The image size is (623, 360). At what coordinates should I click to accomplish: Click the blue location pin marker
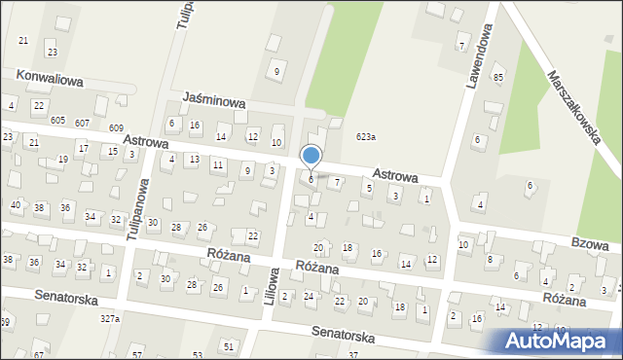point(311,157)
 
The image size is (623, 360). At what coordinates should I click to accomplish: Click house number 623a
point(366,137)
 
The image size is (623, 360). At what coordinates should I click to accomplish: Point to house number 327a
point(110,318)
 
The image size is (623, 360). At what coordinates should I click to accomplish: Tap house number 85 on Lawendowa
point(498,77)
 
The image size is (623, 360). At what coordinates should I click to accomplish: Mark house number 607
point(82,123)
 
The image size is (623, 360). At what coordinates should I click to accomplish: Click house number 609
point(117,128)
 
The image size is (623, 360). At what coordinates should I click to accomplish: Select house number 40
point(16,205)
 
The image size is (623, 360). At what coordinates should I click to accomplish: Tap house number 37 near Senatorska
point(352,355)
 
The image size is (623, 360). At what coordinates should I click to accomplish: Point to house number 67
point(39,355)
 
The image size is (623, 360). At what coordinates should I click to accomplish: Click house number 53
point(198,355)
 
